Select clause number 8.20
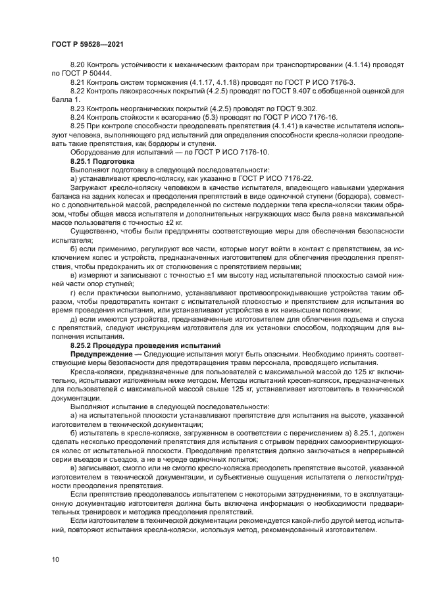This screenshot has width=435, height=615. coord(78,65)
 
